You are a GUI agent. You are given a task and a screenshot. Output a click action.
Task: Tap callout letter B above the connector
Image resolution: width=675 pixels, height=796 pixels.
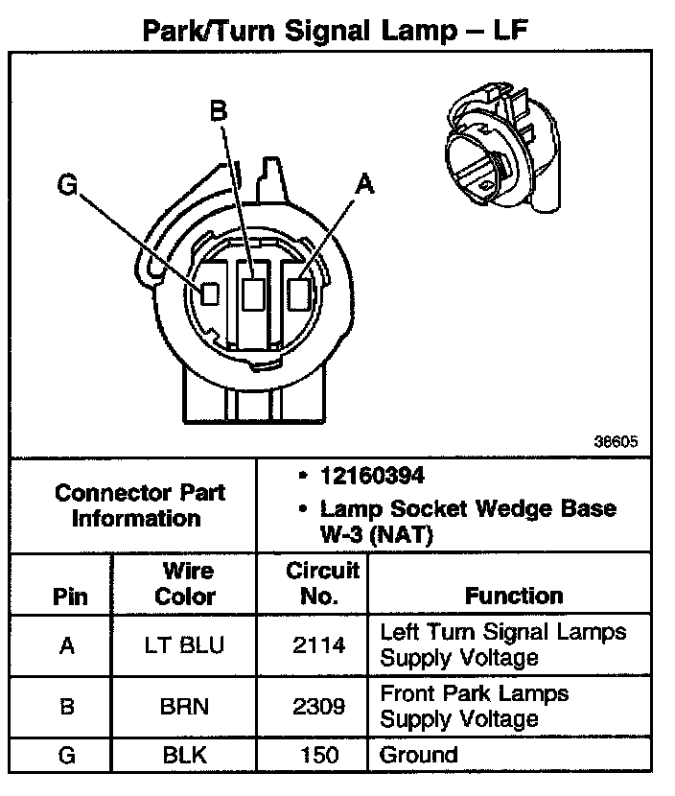[x=219, y=112]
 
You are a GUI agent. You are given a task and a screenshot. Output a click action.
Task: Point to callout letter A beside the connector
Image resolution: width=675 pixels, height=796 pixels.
[x=362, y=185]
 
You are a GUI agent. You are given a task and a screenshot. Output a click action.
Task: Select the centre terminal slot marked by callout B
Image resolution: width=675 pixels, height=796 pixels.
[x=253, y=293]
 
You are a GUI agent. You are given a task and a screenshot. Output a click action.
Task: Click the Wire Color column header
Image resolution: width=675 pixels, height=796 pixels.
[x=185, y=583]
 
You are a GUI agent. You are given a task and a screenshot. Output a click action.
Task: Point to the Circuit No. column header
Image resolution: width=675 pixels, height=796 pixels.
[x=322, y=583]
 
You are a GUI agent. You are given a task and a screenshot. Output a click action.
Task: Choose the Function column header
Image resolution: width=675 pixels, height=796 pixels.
[x=514, y=596]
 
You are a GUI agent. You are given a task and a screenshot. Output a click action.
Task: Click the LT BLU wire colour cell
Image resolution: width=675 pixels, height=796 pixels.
[x=185, y=645]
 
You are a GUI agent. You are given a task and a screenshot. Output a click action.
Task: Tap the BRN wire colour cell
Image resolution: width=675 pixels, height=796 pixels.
[x=185, y=707]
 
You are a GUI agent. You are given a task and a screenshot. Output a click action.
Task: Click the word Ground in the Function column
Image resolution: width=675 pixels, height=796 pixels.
[x=419, y=755]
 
